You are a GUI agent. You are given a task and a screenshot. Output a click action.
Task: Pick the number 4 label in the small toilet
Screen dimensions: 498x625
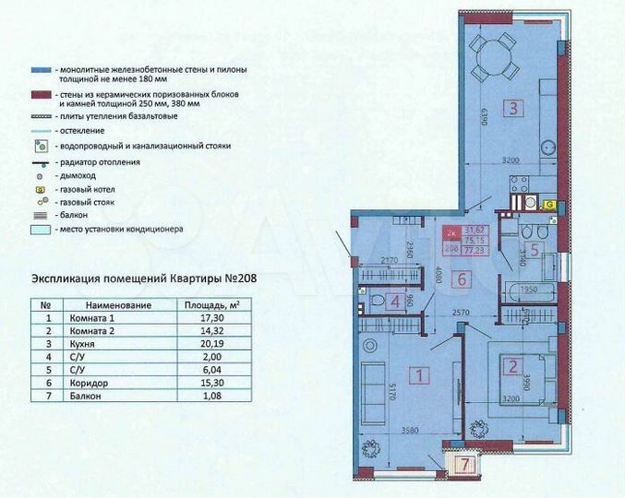point(394,301)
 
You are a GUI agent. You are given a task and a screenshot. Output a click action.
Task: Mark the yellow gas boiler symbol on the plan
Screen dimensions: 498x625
point(548,204)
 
